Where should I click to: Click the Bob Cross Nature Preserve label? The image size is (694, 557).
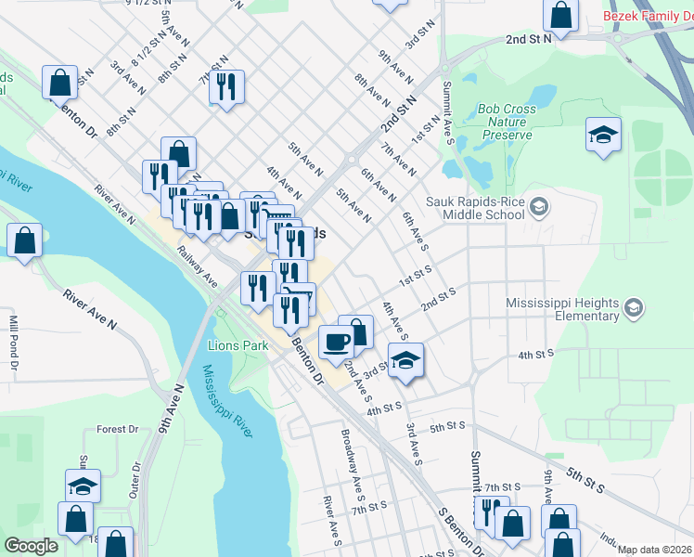pyautogui.click(x=507, y=122)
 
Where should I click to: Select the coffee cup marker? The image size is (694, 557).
pyautogui.click(x=336, y=342)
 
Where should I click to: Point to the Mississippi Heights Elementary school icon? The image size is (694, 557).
pyautogui.click(x=633, y=308)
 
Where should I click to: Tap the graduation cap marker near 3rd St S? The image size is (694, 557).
pyautogui.click(x=405, y=359)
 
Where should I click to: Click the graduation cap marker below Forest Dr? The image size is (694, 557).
pyautogui.click(x=83, y=486)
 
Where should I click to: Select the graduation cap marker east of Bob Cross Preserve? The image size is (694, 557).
pyautogui.click(x=603, y=135)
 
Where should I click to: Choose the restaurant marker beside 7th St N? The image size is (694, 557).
pyautogui.click(x=226, y=87)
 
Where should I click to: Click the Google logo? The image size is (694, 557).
pyautogui.click(x=31, y=546)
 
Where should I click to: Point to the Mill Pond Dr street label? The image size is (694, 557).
pyautogui.click(x=14, y=338)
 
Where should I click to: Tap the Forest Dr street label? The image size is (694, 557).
pyautogui.click(x=117, y=430)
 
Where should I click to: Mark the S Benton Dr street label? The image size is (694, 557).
pyautogui.click(x=459, y=530)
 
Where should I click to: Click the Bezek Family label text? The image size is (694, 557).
pyautogui.click(x=648, y=16)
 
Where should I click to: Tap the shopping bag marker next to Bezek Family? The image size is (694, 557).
pyautogui.click(x=560, y=15)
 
